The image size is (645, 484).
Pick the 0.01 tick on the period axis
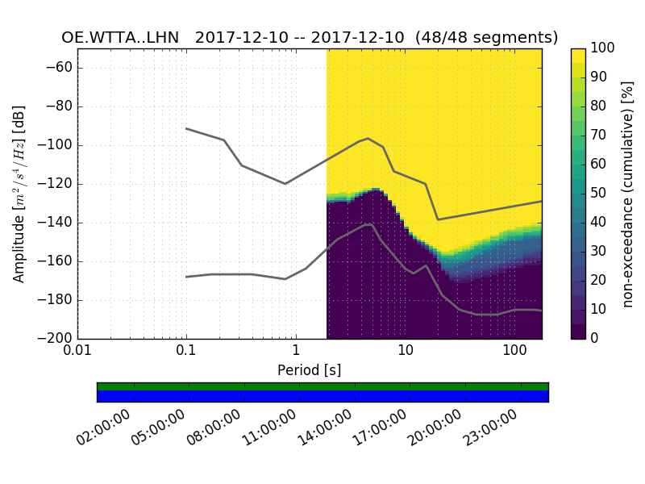[77, 352]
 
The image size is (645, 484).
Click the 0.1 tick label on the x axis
[186, 352]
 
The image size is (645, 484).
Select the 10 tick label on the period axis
[405, 352]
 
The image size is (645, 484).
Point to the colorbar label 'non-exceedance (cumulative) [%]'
[628, 194]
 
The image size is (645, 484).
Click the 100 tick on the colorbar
[603, 48]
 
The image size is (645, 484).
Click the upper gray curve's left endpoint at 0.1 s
[186, 128]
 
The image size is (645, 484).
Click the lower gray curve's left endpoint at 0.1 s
[186, 277]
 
